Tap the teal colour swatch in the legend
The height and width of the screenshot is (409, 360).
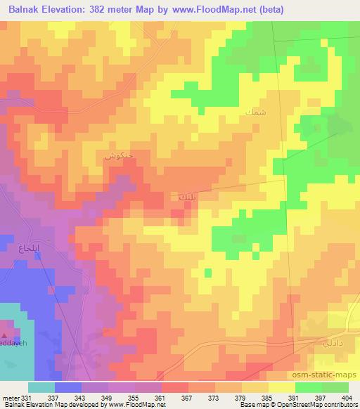tap(41, 387)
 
